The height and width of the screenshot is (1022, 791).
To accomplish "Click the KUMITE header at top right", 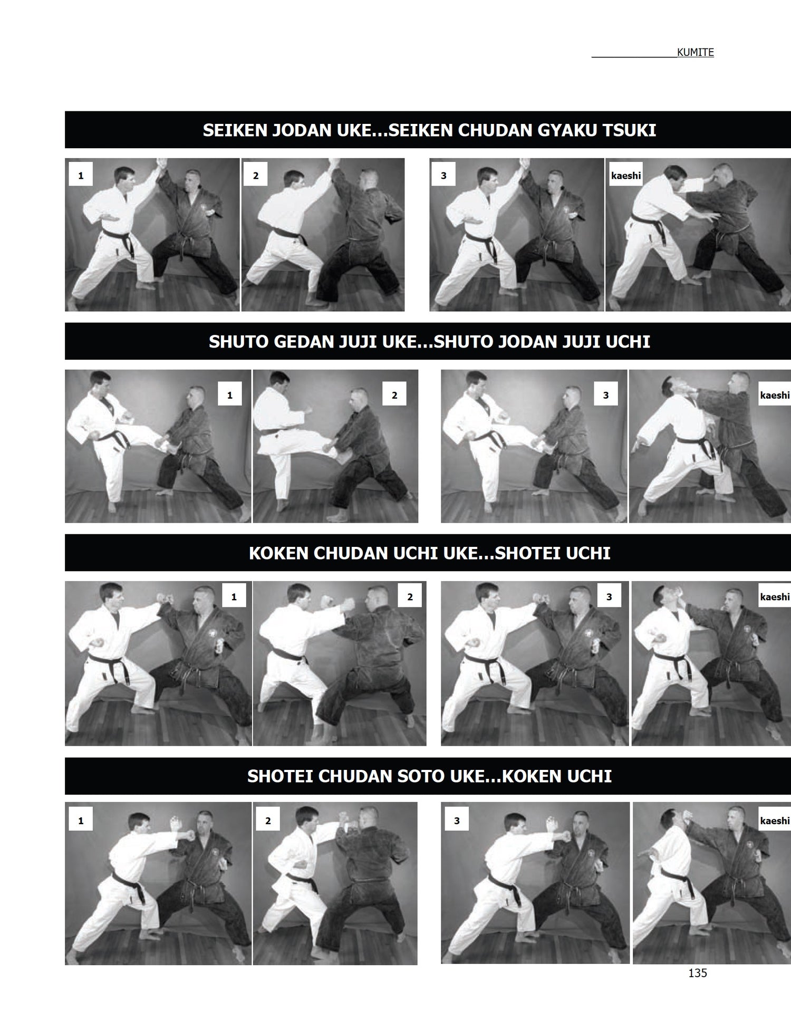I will [x=695, y=52].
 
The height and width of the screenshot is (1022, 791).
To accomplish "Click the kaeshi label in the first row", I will [x=626, y=176].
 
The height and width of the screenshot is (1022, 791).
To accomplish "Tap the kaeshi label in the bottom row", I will [x=775, y=821].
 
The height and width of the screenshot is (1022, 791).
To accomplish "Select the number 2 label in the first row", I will [x=256, y=176].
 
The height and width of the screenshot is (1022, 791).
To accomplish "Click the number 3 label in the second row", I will [x=606, y=395].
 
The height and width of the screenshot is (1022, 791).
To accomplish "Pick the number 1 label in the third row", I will [x=234, y=597].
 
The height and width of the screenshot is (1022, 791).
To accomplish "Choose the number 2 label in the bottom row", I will [x=268, y=821].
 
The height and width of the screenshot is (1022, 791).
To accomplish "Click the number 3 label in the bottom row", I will [x=457, y=821].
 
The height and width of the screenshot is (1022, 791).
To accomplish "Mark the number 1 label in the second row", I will [x=229, y=395].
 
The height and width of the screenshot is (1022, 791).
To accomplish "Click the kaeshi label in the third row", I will [x=775, y=597].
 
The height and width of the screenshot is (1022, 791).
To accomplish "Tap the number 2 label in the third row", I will [x=410, y=597].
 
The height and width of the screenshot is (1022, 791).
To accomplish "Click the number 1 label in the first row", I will [x=81, y=176].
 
